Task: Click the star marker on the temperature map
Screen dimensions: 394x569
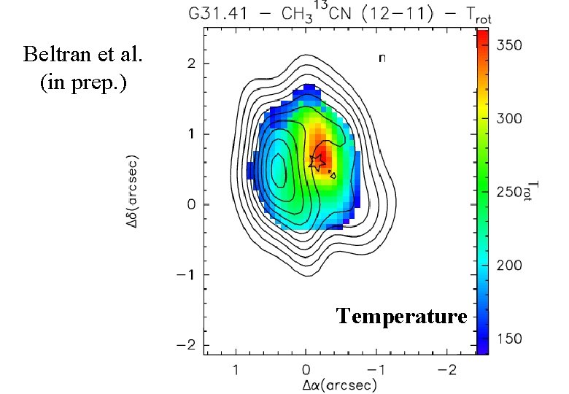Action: coord(317,163)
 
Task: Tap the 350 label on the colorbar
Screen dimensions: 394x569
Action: coord(510,45)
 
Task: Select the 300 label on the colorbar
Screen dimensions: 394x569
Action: coord(510,118)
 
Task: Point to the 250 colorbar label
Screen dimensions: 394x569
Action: coord(510,192)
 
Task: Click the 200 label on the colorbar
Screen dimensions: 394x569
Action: coord(510,266)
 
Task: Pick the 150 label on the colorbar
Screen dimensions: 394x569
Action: coord(510,339)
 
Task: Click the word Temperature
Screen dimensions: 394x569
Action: coord(401,316)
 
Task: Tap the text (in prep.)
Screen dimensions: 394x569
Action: coord(82,82)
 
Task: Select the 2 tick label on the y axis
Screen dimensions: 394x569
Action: coord(192,64)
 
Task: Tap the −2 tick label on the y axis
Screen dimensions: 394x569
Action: coord(188,345)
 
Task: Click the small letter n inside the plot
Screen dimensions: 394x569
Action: coord(382,58)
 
